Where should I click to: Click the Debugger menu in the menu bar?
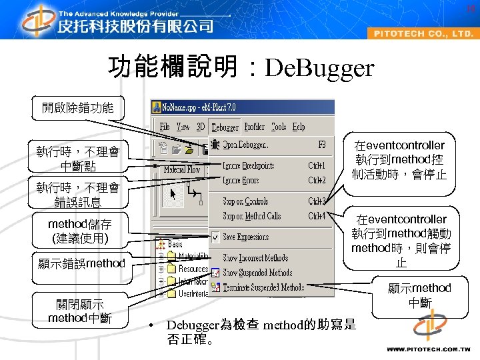[x=225, y=127]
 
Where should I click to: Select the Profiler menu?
[x=255, y=127]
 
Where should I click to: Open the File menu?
[x=165, y=127]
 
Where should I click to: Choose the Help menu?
[x=299, y=127]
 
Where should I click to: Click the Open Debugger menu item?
[x=246, y=145]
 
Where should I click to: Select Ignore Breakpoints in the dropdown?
[x=248, y=165]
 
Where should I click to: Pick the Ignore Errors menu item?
[x=241, y=180]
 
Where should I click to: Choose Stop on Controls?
[x=245, y=201]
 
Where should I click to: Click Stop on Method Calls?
[x=251, y=216]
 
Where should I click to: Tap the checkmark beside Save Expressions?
[x=215, y=237]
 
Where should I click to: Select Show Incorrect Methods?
[x=255, y=258]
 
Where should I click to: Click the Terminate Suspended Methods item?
[x=263, y=287]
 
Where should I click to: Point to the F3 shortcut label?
[x=321, y=145]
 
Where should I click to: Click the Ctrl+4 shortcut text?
[x=317, y=216]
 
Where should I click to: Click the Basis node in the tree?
[x=175, y=245]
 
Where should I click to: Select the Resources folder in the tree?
[x=193, y=269]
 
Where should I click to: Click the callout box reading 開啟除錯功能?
[x=78, y=108]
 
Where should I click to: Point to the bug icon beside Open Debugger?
[x=215, y=145]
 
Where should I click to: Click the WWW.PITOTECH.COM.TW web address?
[x=429, y=349]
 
